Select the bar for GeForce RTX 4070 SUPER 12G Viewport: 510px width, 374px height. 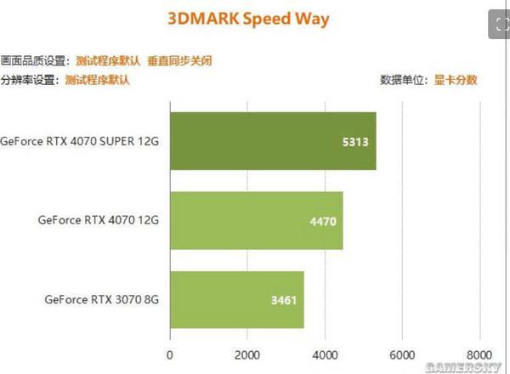[273, 141]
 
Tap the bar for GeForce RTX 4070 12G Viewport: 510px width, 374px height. [256, 220]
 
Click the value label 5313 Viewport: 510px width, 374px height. [354, 142]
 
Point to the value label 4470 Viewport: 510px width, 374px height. [320, 221]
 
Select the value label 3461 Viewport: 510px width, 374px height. [282, 300]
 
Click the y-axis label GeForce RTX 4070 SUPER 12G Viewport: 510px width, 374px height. [80, 141]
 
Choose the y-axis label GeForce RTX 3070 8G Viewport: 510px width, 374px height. [102, 299]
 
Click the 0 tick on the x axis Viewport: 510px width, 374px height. [170, 354]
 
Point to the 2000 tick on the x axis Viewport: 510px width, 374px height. [247, 354]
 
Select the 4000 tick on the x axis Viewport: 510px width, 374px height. [325, 354]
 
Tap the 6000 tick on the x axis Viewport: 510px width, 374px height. [402, 354]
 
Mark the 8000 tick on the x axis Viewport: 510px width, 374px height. [479, 354]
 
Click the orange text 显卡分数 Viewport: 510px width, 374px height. [456, 81]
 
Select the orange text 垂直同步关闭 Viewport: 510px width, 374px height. [179, 61]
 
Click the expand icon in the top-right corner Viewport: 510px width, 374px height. [498, 25]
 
